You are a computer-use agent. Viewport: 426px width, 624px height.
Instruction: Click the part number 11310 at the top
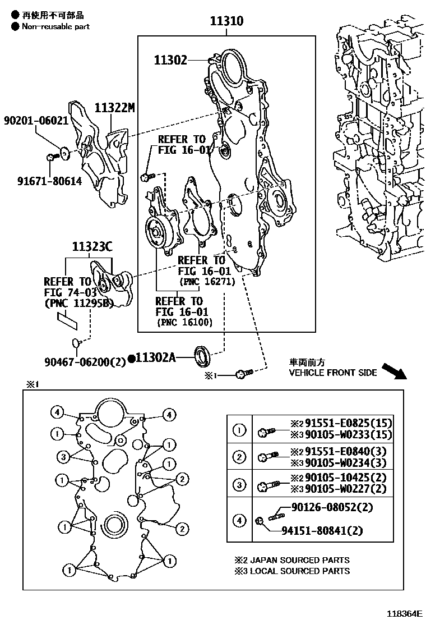[x=226, y=22]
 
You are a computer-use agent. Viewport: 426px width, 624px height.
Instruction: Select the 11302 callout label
[x=171, y=60]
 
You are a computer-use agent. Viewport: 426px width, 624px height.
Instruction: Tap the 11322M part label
[x=114, y=107]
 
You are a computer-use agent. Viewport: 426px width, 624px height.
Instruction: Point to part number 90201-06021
[x=35, y=121]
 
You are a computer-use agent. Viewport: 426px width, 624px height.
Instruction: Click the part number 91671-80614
[x=49, y=181]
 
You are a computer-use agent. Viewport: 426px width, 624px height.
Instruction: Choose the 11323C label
[x=92, y=246]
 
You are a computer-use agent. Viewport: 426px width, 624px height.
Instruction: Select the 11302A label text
[x=155, y=357]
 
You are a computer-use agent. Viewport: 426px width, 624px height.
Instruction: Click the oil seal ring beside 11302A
[x=203, y=355]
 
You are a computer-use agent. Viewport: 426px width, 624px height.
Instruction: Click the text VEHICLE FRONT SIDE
[x=332, y=373]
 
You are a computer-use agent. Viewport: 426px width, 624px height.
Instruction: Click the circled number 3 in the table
[x=239, y=484]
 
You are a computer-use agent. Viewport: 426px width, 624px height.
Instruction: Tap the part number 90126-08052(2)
[x=332, y=507]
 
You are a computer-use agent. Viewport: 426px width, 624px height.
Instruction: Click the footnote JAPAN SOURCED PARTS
[x=297, y=559]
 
